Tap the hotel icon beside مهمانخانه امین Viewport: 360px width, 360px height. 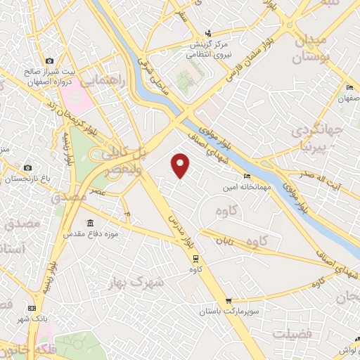pos(246,176)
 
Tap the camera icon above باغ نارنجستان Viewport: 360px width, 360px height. pos(27,167)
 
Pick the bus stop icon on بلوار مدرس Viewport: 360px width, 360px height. pos(195,257)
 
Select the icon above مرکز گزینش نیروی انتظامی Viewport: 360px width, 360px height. pos(207,32)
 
